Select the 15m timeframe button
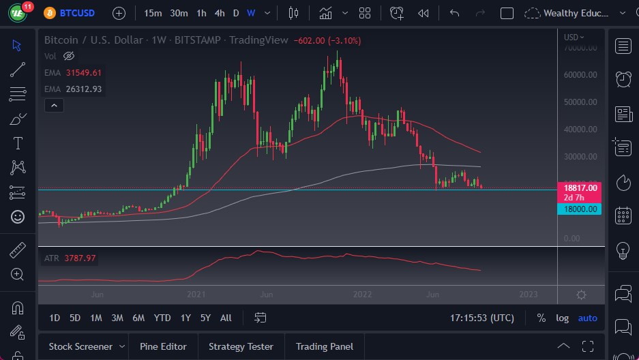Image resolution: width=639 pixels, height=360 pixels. coord(153,13)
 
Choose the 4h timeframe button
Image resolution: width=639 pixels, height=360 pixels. coord(219,13)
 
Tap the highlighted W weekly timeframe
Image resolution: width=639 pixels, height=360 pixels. coord(251,13)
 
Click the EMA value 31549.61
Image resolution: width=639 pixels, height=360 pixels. coord(84,73)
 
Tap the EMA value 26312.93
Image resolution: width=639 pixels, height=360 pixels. coord(84,89)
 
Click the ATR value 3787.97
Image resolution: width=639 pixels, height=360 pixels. coord(81,258)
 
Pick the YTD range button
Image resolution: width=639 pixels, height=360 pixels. coord(162,318)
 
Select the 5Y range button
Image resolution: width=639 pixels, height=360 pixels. coord(206,318)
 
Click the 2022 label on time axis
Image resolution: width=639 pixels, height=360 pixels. coord(362,295)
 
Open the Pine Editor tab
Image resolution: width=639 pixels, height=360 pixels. coord(163,346)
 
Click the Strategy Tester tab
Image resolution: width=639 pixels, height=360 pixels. coord(241,346)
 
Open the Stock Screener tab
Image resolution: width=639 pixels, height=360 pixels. coord(80,346)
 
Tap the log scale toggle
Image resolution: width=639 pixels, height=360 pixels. coord(562,318)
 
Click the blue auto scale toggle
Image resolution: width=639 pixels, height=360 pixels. coord(587,318)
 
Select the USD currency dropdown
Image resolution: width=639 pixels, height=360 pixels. coord(574,37)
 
